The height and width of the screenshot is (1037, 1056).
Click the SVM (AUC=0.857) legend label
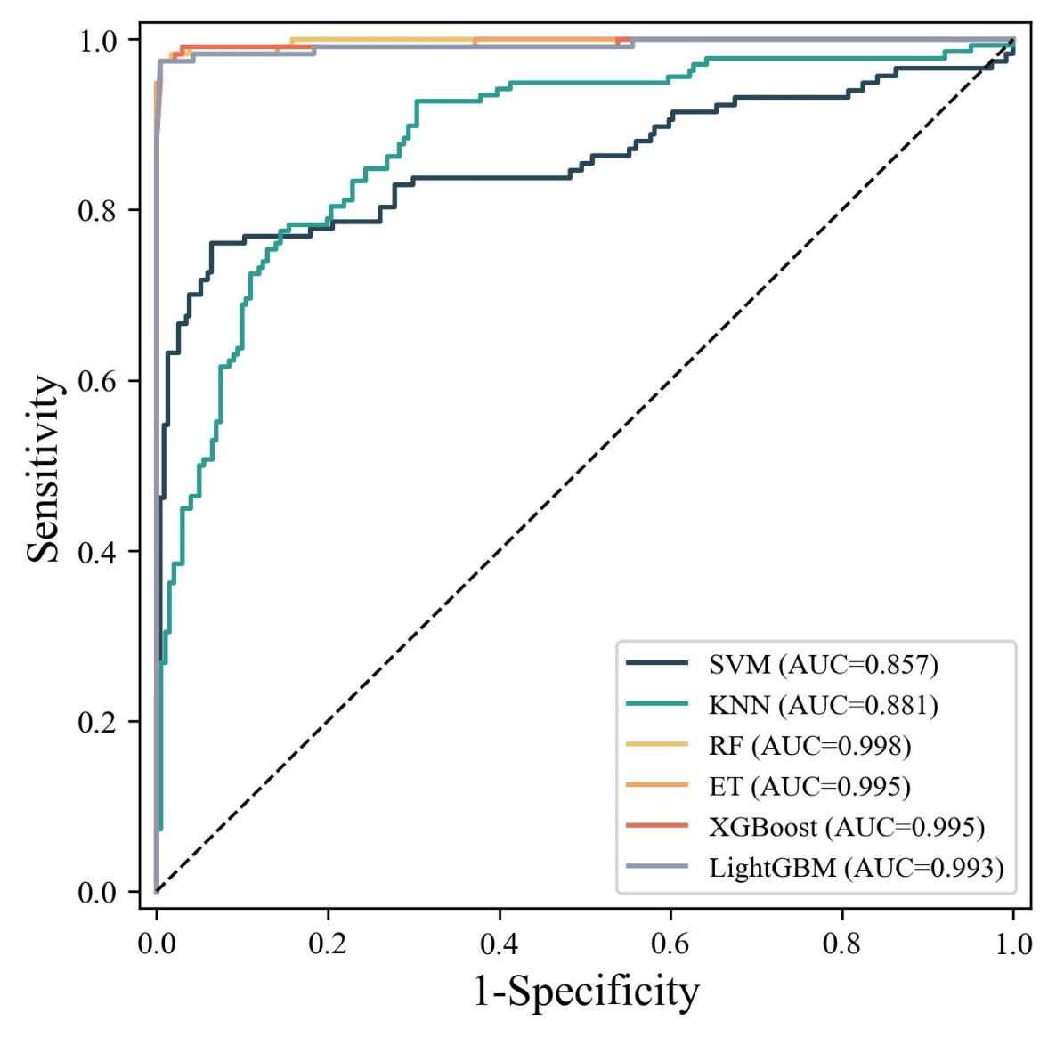(x=824, y=664)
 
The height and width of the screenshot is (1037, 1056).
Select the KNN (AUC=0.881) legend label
(x=824, y=705)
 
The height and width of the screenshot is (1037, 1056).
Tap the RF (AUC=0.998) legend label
(x=810, y=746)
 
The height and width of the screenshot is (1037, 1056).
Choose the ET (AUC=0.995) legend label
(x=810, y=786)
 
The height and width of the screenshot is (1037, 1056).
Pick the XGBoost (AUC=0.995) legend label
(x=847, y=827)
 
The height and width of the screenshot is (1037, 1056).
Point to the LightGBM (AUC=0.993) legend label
(x=857, y=868)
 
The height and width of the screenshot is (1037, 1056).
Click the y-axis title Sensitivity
(x=45, y=468)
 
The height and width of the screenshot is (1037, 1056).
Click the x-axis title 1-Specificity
(x=586, y=992)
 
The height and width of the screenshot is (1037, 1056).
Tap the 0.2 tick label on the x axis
(x=328, y=944)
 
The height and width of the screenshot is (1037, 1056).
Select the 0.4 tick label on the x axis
(x=500, y=944)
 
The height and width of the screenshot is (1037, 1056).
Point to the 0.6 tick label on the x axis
(x=670, y=944)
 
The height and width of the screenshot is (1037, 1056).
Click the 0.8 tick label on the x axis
(x=842, y=944)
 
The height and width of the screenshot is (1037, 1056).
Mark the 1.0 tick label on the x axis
(x=1013, y=944)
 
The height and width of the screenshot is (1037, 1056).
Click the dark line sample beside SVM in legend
(x=657, y=663)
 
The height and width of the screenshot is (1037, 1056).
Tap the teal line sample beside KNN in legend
(x=657, y=704)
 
